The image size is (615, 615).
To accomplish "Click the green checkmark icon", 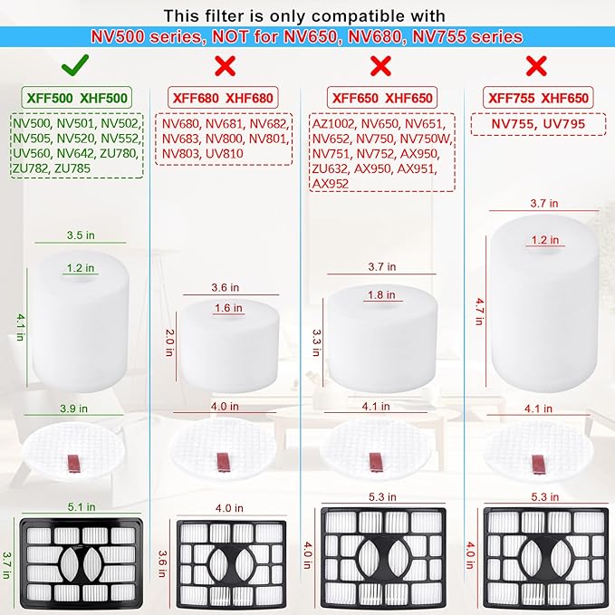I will (x=75, y=65).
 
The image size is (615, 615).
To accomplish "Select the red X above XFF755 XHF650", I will (x=537, y=65).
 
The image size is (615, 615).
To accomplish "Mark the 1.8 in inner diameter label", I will (x=380, y=294).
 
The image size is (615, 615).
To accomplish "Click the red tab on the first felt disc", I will (x=77, y=466).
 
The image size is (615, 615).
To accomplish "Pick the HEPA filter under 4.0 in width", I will (x=232, y=562).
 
